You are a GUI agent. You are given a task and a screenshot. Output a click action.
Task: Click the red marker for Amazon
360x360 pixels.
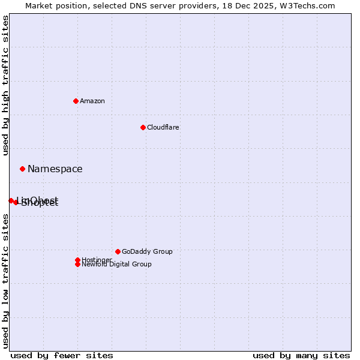click(76, 101)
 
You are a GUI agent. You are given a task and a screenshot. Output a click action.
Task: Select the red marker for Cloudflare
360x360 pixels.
click(143, 127)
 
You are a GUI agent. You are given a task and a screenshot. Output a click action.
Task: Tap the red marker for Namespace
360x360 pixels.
click(22, 169)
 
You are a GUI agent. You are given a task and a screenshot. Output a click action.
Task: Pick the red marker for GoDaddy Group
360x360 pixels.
click(118, 251)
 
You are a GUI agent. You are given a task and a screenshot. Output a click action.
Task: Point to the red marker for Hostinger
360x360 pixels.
click(77, 260)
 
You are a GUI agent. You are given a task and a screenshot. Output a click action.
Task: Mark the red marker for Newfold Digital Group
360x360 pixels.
click(77, 264)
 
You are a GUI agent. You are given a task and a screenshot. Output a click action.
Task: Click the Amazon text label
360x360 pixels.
click(92, 101)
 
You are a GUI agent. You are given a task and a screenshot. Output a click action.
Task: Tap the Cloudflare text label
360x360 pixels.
click(163, 127)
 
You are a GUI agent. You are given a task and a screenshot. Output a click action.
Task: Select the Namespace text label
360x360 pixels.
click(55, 169)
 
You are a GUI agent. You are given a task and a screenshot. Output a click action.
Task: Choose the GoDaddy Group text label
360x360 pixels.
click(147, 251)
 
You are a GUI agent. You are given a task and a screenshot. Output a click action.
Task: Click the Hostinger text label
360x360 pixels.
click(97, 260)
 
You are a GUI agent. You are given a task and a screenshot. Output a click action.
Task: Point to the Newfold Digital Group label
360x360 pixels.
click(117, 264)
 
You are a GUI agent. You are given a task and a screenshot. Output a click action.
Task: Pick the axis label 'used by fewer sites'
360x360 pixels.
click(62, 355)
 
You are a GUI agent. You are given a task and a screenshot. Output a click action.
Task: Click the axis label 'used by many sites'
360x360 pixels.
click(301, 355)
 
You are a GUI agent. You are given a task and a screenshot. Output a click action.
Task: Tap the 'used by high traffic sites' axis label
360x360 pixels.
click(5, 85)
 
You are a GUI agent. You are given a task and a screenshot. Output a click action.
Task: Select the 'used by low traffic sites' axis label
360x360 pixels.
click(5, 280)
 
